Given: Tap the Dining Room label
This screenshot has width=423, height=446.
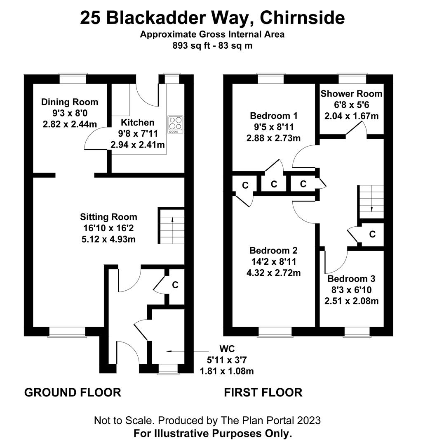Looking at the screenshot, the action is pos(70,102).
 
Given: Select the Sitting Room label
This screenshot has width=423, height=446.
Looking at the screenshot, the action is pos(108,217).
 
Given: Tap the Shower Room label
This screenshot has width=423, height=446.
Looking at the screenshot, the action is pos(351,94).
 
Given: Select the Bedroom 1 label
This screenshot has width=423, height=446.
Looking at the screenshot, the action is pos(274,115).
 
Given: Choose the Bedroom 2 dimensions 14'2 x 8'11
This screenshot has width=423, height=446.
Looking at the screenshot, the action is pos(274,261).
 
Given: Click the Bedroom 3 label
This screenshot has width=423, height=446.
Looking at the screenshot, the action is pos(351,279).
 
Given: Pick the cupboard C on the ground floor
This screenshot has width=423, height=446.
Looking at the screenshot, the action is pos(175,285).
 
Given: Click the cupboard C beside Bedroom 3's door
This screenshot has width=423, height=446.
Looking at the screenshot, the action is pos(372,234).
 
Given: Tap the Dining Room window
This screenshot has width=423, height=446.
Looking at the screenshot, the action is pos(73,78).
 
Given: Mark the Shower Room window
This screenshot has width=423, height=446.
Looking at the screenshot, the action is pos(352,78).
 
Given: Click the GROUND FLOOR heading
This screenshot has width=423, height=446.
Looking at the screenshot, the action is pos(73,392).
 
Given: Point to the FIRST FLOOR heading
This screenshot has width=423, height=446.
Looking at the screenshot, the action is pos(263,392).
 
